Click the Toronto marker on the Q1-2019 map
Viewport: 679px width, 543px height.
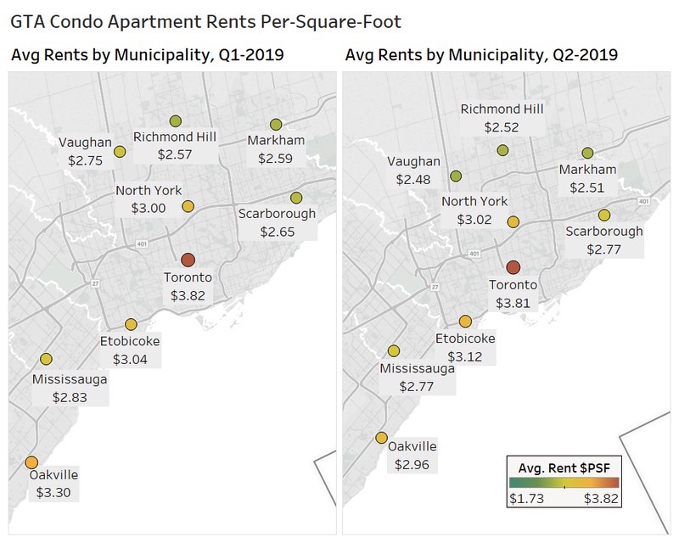click(x=188, y=260)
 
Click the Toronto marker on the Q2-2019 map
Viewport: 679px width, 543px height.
click(x=513, y=267)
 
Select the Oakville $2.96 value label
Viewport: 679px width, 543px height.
click(x=412, y=464)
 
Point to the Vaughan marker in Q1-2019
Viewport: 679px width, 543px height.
click(x=120, y=152)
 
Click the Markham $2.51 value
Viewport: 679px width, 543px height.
click(x=587, y=188)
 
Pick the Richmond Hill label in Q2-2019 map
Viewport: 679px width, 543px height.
click(x=502, y=109)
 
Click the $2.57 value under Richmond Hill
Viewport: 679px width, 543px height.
click(x=175, y=154)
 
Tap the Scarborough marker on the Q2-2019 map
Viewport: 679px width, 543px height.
click(x=603, y=215)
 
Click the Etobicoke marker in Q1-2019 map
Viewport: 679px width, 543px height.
click(x=130, y=325)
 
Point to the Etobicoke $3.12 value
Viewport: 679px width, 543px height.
click(x=464, y=356)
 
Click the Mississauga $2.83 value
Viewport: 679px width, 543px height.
click(x=70, y=396)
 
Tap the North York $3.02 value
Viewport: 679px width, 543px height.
click(x=474, y=220)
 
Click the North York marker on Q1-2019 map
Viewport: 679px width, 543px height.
click(x=188, y=206)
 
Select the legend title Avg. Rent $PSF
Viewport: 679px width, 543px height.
click(x=564, y=467)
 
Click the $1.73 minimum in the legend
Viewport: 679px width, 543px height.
click(x=526, y=499)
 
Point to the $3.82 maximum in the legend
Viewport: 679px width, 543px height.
click(x=601, y=499)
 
